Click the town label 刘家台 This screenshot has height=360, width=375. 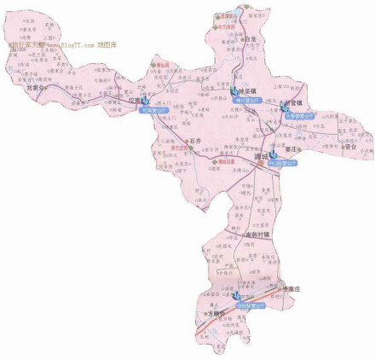click(33, 86)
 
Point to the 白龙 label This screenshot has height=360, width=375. click(250, 39)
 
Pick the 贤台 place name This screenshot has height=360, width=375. click(349, 147)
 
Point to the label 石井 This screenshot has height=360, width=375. click(195, 140)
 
